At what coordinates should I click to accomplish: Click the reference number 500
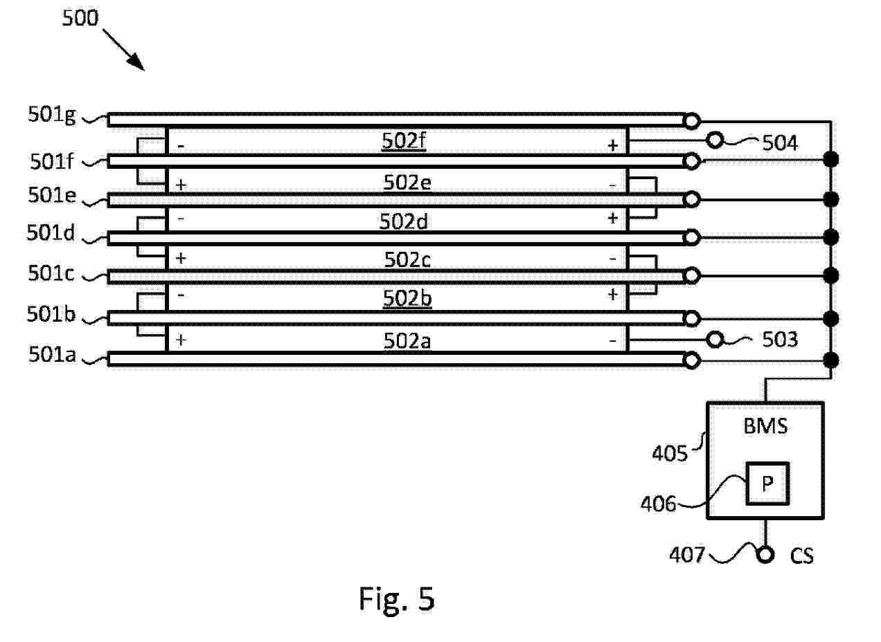[x=81, y=19]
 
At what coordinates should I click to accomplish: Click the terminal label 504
[x=780, y=143]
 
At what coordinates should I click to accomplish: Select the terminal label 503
[x=780, y=340]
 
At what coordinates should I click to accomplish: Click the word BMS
[x=765, y=426]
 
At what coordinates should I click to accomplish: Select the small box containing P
[x=767, y=484]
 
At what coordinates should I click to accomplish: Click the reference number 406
[x=659, y=504]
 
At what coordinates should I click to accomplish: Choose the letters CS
[x=802, y=556]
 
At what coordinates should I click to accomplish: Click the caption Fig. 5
[x=396, y=598]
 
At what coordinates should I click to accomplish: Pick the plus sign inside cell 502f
[x=612, y=145]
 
